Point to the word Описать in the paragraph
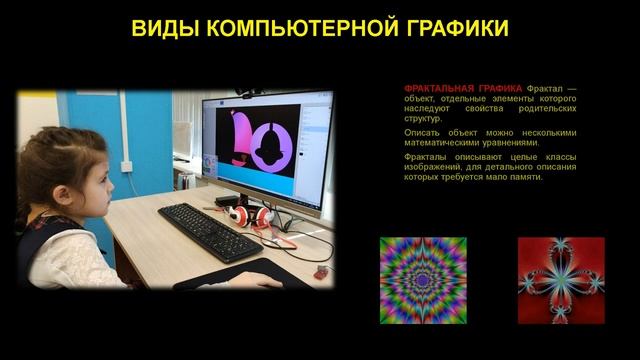click(x=421, y=132)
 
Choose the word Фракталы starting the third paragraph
click(x=425, y=157)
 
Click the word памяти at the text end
click(x=523, y=177)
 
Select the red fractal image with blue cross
click(x=561, y=280)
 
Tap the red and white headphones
click(x=247, y=214)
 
